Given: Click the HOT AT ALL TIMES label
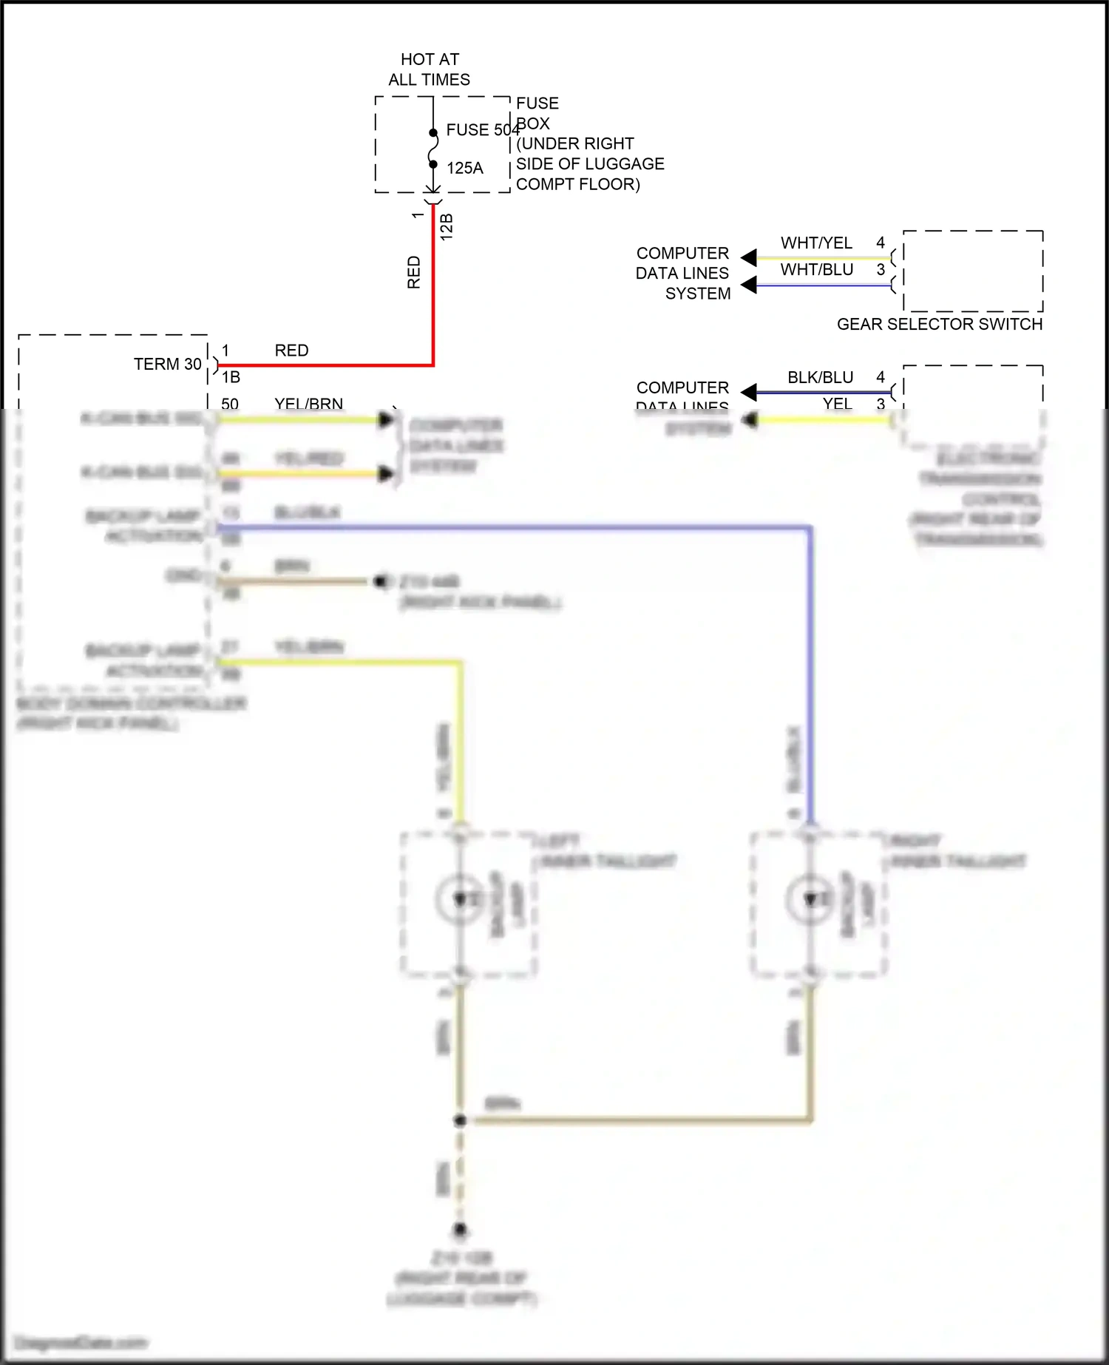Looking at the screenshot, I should (x=430, y=70).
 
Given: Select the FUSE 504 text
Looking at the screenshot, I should (x=482, y=130).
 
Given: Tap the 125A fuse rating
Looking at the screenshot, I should (x=465, y=169).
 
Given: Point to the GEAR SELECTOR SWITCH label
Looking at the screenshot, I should (x=939, y=324).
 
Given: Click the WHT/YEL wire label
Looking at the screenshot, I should (x=816, y=243).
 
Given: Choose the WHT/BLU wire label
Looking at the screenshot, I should (x=816, y=270).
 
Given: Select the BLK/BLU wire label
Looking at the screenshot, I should (x=820, y=378).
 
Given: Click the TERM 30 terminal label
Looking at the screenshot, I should (x=167, y=365).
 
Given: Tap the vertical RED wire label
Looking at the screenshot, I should (x=414, y=272).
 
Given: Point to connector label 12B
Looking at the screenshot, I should (x=447, y=226).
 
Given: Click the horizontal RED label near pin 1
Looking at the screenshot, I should (x=291, y=350).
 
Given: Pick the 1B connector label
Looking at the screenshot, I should (x=231, y=378).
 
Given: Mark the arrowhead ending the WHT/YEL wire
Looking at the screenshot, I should (x=749, y=257).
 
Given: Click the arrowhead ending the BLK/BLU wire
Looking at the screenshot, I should (x=749, y=392).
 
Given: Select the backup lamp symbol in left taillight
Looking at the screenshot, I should (x=460, y=899).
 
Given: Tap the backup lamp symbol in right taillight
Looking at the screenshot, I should (x=810, y=899).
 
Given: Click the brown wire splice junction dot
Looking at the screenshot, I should (x=460, y=1120).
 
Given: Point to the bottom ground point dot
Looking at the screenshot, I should (x=460, y=1230).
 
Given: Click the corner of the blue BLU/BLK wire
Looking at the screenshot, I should (x=810, y=528).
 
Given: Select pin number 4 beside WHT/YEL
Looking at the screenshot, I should (x=880, y=243).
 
